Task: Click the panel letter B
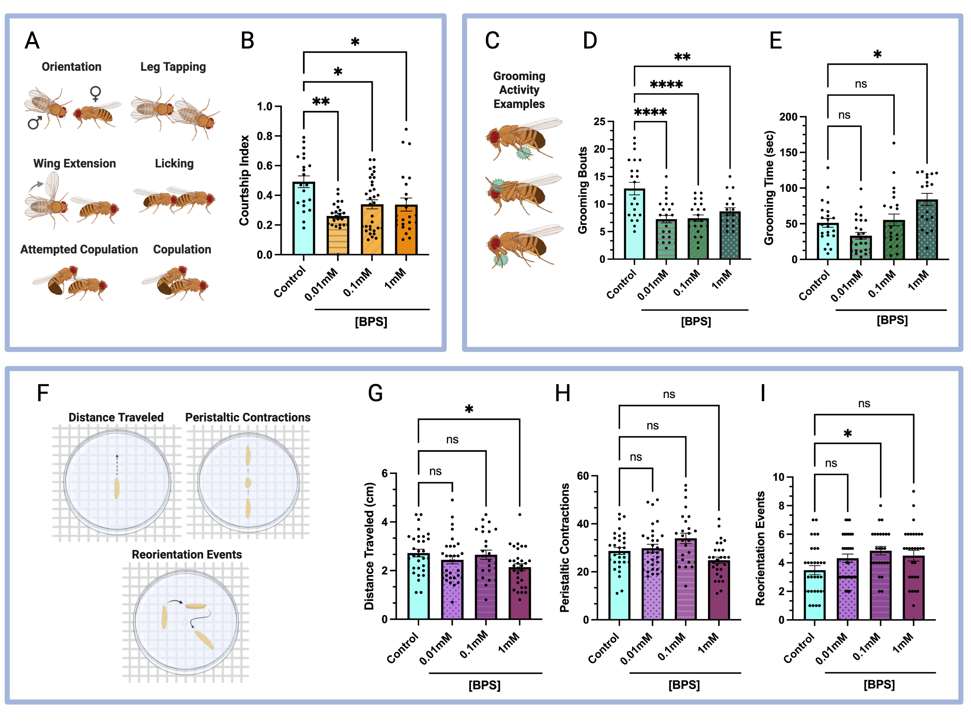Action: (x=247, y=40)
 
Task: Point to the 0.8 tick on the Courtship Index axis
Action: (x=265, y=136)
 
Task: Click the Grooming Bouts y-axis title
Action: (x=583, y=190)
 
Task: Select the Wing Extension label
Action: (x=74, y=163)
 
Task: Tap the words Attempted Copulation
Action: (x=79, y=249)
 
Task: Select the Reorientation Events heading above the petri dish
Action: (x=187, y=554)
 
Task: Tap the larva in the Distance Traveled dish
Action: (x=117, y=489)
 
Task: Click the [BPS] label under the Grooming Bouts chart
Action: (x=696, y=321)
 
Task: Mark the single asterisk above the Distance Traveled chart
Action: (x=469, y=409)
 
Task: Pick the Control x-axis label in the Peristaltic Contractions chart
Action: (x=603, y=648)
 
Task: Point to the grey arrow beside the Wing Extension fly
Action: (x=36, y=186)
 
